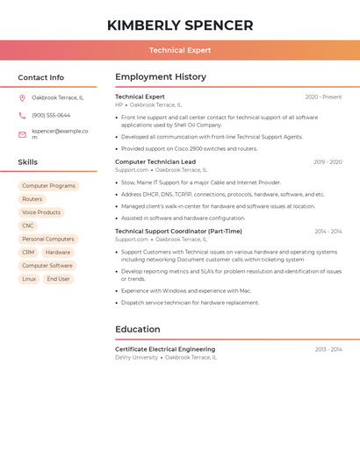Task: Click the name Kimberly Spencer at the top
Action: point(180,25)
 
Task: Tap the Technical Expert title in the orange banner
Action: point(180,51)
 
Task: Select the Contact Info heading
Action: point(41,77)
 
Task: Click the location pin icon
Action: point(22,98)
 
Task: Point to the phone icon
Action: point(22,116)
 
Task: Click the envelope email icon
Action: point(22,134)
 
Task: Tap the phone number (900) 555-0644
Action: point(51,116)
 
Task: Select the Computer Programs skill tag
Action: point(48,186)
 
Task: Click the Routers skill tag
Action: point(32,199)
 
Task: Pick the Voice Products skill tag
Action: point(41,212)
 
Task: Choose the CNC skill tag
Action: point(28,225)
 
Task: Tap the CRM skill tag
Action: point(28,253)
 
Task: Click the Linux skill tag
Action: point(29,279)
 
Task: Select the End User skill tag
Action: point(58,279)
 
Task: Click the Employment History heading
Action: point(161,77)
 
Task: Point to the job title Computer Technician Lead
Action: point(155,161)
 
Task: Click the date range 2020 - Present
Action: point(323,97)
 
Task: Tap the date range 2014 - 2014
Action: point(328,232)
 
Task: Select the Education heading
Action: point(137,329)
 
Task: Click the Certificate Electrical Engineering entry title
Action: point(165,349)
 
